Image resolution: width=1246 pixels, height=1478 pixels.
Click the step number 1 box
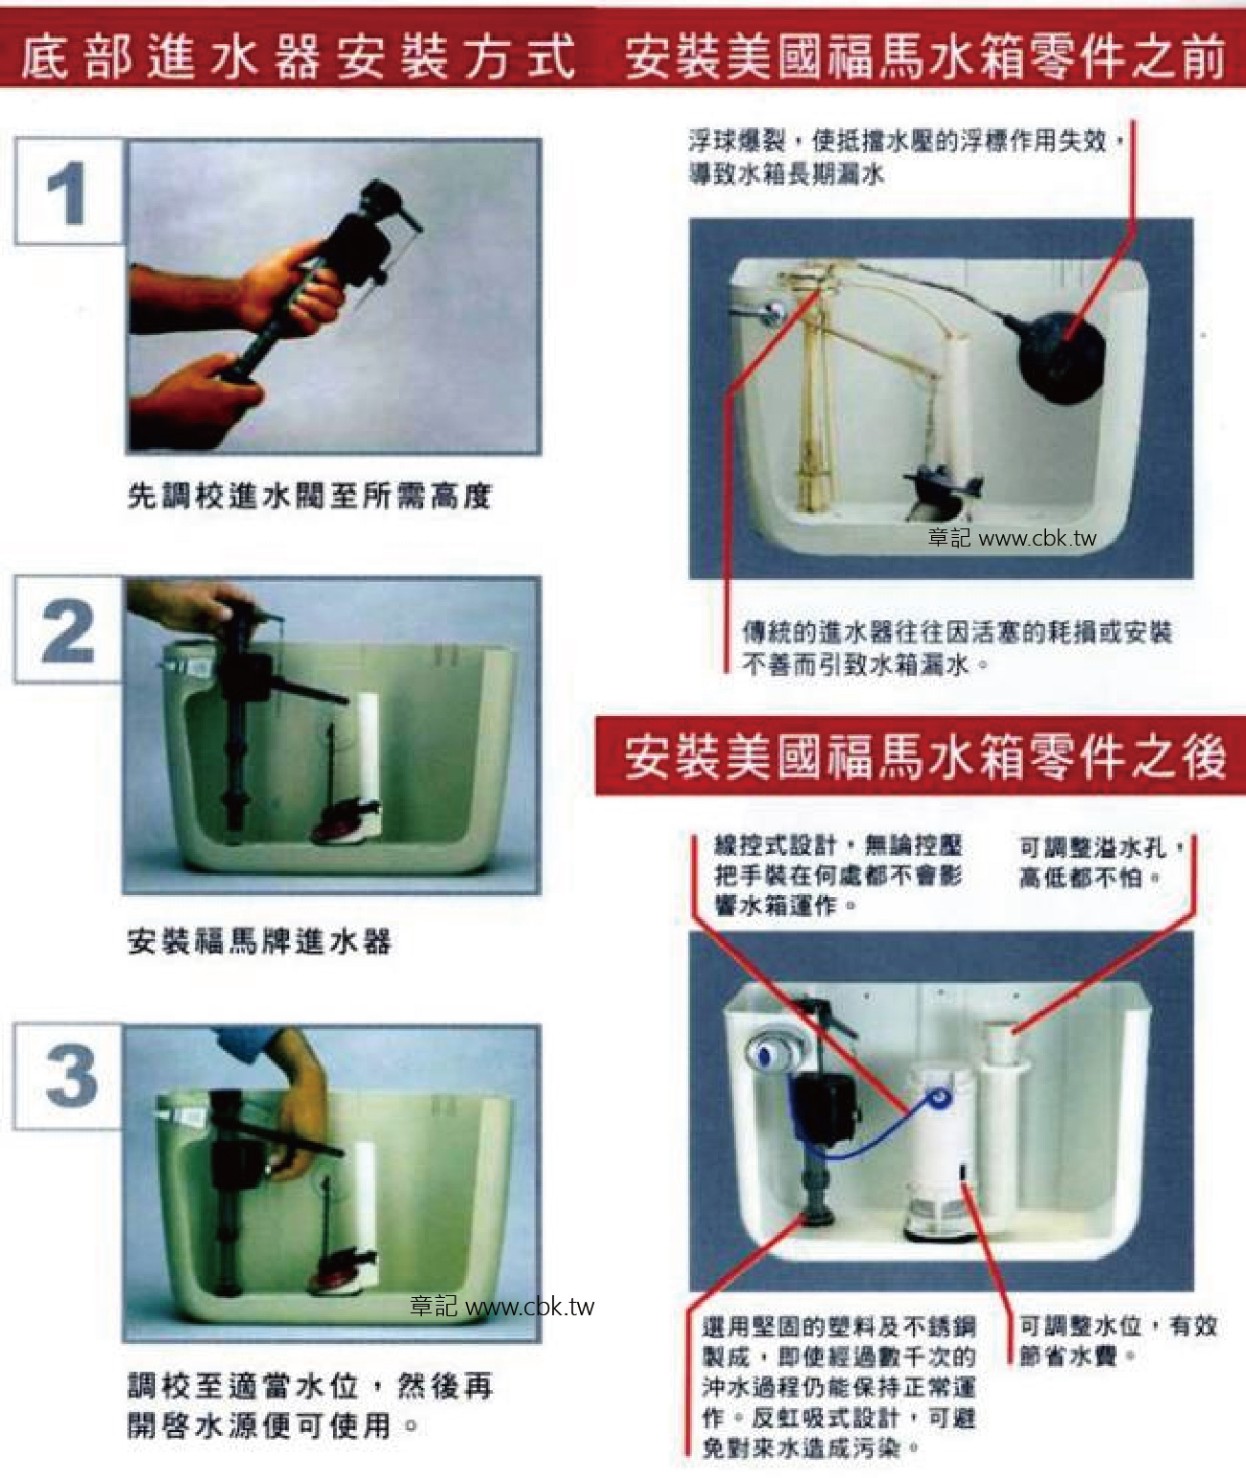click(68, 191)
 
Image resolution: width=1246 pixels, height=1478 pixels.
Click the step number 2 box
click(68, 629)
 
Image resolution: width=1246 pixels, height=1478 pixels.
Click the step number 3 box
click(68, 1075)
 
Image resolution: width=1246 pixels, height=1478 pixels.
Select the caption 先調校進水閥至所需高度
click(309, 496)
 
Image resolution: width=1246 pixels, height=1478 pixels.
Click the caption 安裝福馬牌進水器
click(259, 941)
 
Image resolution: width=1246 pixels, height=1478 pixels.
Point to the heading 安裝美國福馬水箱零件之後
click(923, 757)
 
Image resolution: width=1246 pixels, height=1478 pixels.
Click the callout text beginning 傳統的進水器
click(957, 647)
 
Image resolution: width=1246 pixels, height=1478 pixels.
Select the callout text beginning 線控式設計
click(838, 874)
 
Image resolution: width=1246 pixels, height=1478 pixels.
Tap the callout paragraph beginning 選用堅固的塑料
click(838, 1386)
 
